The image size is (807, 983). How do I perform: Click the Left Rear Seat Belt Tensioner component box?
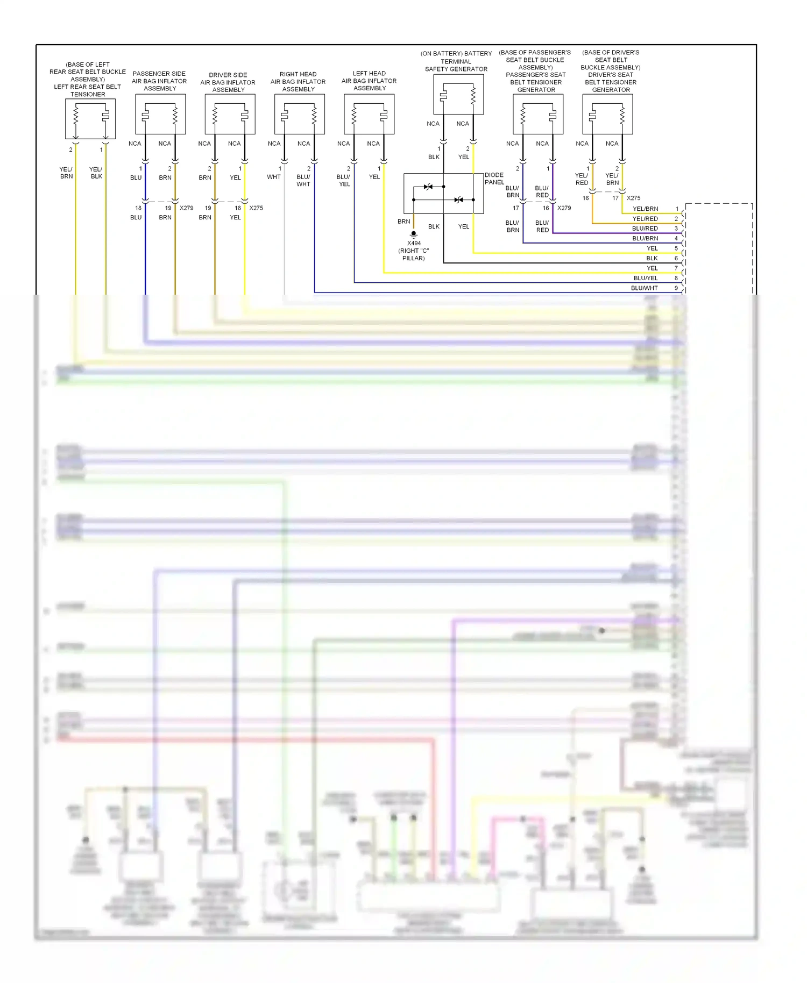coord(90,119)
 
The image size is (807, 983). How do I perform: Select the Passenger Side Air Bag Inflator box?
coord(160,114)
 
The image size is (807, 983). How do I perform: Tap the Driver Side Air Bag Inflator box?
coord(230,114)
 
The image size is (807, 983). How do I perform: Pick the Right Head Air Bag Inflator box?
coord(299,114)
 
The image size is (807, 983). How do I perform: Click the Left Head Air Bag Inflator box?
coord(369,114)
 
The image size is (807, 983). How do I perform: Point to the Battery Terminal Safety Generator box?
coord(458,94)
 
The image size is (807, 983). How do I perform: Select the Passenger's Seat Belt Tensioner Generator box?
coord(538,114)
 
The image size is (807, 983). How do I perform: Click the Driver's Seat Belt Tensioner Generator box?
coord(607,114)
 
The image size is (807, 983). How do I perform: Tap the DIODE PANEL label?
coord(494,179)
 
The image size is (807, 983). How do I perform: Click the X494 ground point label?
coord(414,243)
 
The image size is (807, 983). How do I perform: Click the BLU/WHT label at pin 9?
coord(644,288)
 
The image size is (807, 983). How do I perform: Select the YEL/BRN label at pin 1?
coord(645,209)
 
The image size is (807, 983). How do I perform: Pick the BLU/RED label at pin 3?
coord(645,229)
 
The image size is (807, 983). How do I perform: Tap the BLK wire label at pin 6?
coord(652,258)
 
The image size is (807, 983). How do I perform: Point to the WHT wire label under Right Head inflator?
coord(274,177)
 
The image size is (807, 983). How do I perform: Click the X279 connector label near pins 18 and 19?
coord(186,208)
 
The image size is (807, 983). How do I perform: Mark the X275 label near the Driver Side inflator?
coord(256,208)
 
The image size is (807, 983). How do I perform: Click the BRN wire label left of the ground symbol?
coord(403,222)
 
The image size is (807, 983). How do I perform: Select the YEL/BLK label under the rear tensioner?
coord(96,173)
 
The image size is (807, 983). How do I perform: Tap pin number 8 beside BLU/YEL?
coord(676,278)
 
